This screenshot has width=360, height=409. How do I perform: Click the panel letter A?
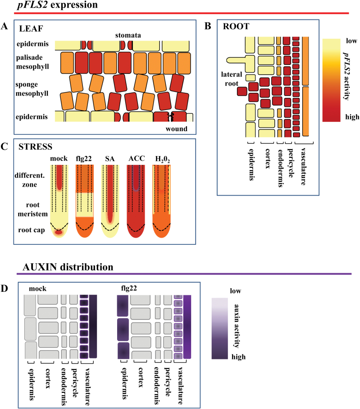5,27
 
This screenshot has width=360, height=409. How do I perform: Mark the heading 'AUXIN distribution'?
65,267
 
